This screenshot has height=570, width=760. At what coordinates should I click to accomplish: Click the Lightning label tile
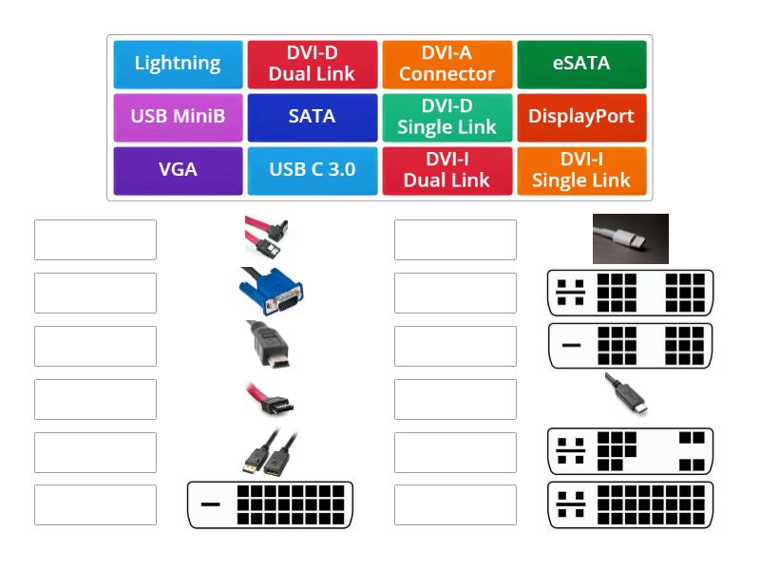coord(178,64)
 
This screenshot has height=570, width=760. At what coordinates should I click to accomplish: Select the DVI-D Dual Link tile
coord(312,64)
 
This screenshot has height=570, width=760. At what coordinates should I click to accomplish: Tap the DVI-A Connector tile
coord(446,64)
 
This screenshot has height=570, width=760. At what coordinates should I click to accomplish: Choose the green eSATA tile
coord(581,64)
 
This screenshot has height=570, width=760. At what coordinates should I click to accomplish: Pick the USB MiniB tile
coord(178,117)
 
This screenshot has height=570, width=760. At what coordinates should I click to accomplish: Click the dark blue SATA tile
coord(312,117)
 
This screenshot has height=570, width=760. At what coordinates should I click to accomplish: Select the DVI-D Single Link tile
coord(446,117)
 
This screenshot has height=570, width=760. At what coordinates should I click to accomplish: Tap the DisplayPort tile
coord(581,117)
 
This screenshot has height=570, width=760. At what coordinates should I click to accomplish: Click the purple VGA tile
coord(178,170)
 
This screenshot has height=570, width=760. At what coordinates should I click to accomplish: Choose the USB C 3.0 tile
coord(312,170)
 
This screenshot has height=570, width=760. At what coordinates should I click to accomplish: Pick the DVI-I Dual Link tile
coord(446,170)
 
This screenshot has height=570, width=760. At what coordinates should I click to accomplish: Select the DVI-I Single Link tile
coord(581,170)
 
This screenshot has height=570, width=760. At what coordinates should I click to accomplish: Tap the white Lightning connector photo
coord(630,238)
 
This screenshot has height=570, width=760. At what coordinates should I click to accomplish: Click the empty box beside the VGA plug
coord(95,293)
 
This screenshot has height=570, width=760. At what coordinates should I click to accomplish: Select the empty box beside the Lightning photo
coord(455,239)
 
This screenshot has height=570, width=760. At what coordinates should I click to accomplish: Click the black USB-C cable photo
coord(628,394)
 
